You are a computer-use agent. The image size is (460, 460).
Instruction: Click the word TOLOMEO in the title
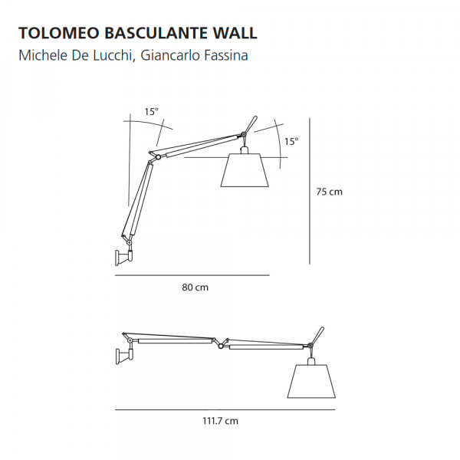coord(59,33)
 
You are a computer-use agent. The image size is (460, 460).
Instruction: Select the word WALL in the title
coord(235,33)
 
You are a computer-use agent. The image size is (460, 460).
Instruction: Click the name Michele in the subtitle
coord(43,55)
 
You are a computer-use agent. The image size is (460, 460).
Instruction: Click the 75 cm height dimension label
coord(329,192)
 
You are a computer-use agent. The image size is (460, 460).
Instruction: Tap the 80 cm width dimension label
coord(195,287)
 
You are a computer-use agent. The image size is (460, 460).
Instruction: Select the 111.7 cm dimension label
coord(220,421)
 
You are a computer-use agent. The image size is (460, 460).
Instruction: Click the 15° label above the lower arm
coord(151,111)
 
